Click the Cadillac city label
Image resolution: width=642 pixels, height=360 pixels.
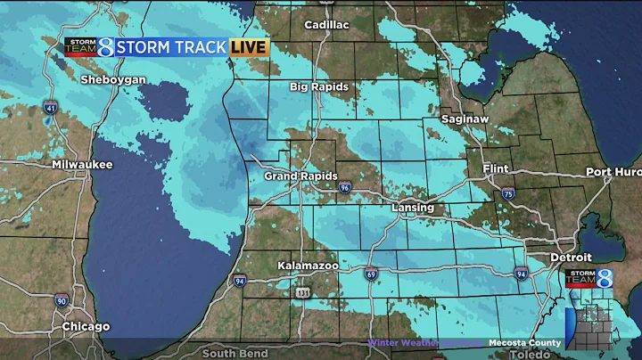pyautogui.click(x=326, y=25)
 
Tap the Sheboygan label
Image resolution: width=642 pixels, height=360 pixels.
pyautogui.click(x=112, y=80)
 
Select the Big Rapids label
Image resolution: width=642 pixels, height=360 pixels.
pyautogui.click(x=318, y=87)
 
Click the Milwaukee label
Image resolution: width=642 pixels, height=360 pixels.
pyautogui.click(x=82, y=165)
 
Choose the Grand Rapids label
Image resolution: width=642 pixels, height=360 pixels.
pyautogui.click(x=300, y=176)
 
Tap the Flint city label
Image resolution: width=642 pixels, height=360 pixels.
pyautogui.click(x=495, y=168)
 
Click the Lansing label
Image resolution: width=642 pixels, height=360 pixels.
pyautogui.click(x=413, y=208)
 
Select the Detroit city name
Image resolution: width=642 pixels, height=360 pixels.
pyautogui.click(x=571, y=257)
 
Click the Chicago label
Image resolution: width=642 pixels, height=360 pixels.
pyautogui.click(x=86, y=327)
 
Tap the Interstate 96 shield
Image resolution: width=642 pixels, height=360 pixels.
pyautogui.click(x=345, y=188)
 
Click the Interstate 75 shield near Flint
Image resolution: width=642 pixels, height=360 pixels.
pyautogui.click(x=507, y=192)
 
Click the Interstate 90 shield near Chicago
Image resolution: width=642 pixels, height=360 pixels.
pyautogui.click(x=60, y=301)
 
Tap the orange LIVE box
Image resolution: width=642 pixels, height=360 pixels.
pyautogui.click(x=250, y=46)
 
